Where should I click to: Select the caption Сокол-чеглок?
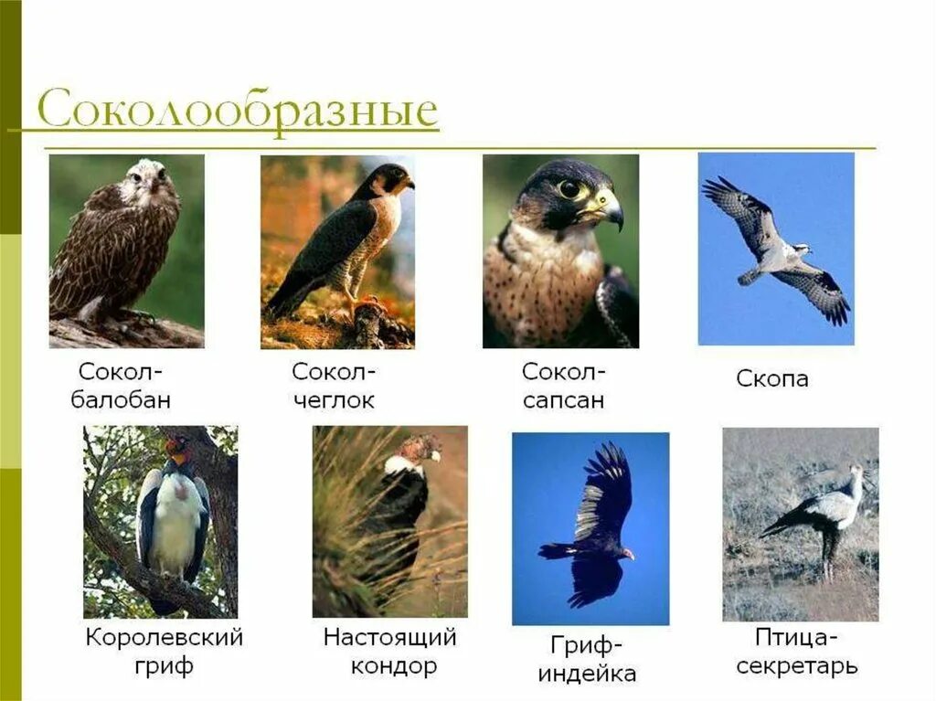pyautogui.click(x=334, y=386)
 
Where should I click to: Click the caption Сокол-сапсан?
pyautogui.click(x=563, y=386)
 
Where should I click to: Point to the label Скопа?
pyautogui.click(x=772, y=378)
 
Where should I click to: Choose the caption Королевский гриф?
pyautogui.click(x=165, y=651)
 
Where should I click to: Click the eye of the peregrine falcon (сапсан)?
pyautogui.click(x=569, y=189)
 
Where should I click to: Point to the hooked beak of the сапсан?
pyautogui.click(x=611, y=210)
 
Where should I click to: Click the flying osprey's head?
pyautogui.click(x=802, y=248)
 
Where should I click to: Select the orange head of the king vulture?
pyautogui.click(x=176, y=449)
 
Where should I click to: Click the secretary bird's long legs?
pyautogui.click(x=828, y=558)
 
